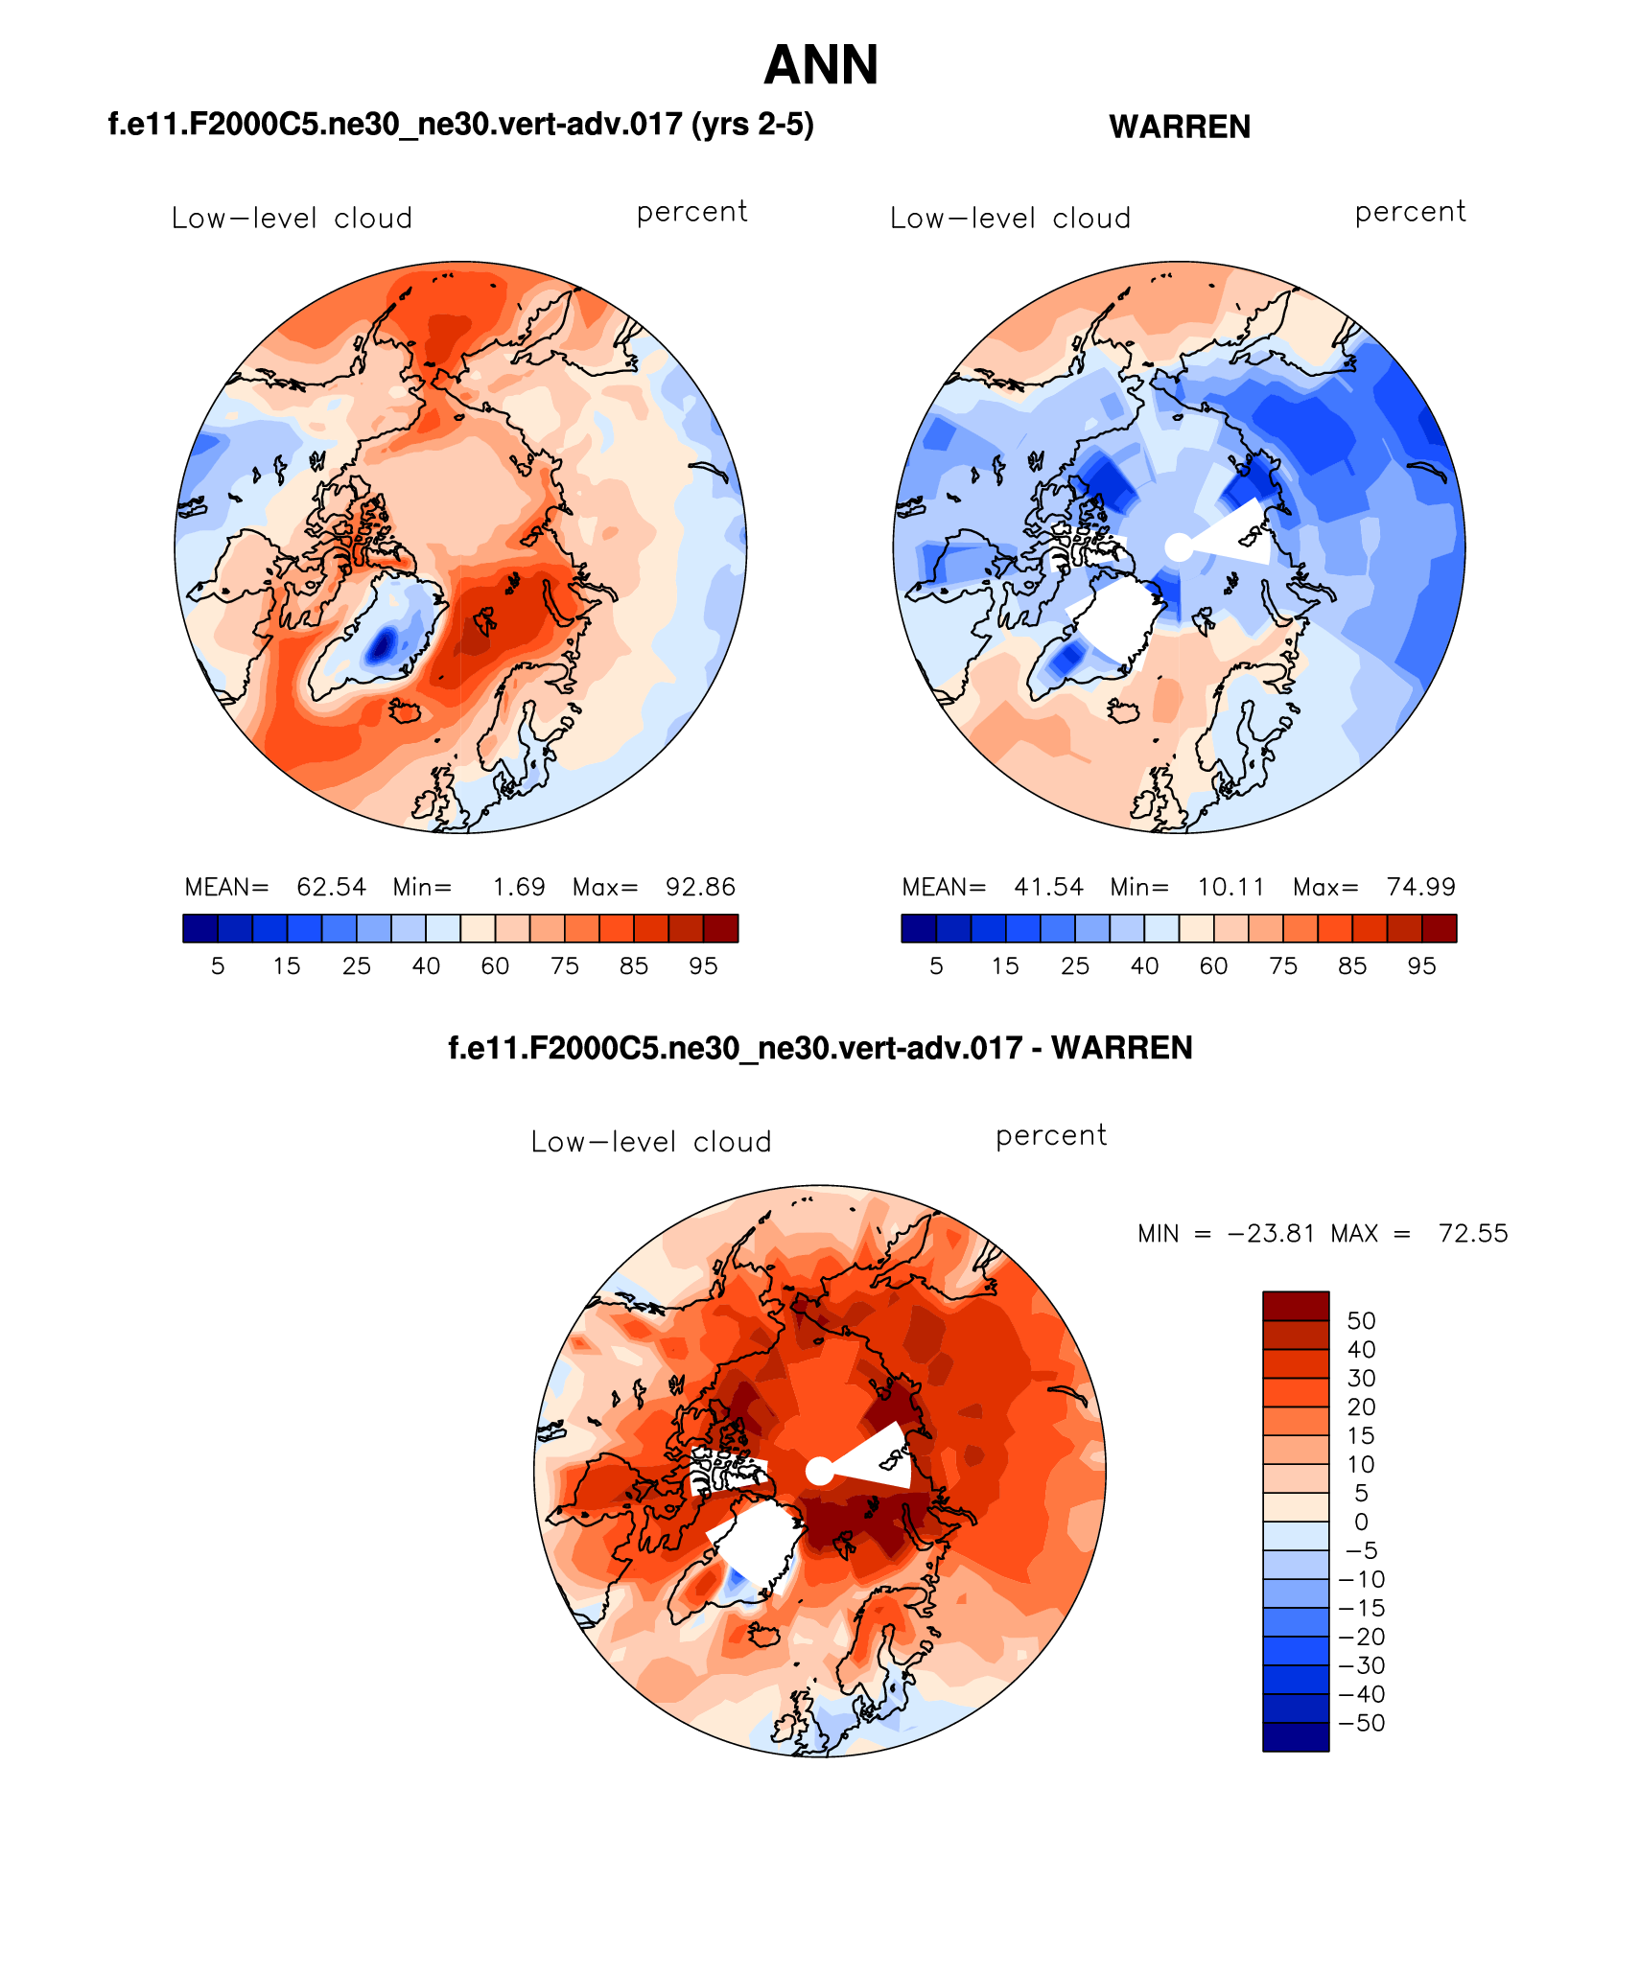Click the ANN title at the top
tap(821, 65)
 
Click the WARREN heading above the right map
tap(1179, 127)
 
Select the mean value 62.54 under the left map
tap(331, 887)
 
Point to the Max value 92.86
tap(700, 887)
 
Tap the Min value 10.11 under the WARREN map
tap(1230, 887)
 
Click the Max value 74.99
tap(1420, 887)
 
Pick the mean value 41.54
tap(1048, 887)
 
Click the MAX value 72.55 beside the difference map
tap(1472, 1233)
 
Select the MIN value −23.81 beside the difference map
tap(1271, 1233)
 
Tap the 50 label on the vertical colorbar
tap(1361, 1320)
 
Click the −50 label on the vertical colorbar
tap(1361, 1723)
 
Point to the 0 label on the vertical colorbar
tap(1361, 1522)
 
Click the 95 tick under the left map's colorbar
tap(703, 965)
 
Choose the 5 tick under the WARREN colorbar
tap(936, 965)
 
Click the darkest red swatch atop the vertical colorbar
tap(1296, 1306)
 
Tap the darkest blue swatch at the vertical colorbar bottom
tap(1296, 1736)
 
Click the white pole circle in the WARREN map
tap(1179, 547)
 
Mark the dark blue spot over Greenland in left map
tap(383, 643)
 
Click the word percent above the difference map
tap(1051, 1135)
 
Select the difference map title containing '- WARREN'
tap(820, 1048)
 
